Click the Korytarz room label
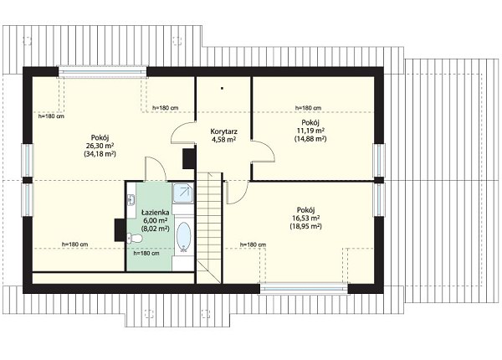[223, 131]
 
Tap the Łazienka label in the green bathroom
[155, 212]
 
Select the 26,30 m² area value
[100, 146]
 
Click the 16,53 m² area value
[305, 219]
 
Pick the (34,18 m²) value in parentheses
[100, 154]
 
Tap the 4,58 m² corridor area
[223, 139]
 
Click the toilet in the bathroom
[135, 239]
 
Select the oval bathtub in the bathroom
[184, 236]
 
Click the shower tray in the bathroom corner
[183, 193]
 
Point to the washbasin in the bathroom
[131, 200]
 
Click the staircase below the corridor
[209, 228]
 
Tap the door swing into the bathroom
[156, 169]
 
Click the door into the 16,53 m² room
[236, 193]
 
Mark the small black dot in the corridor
[222, 87]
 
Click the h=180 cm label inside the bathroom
[146, 254]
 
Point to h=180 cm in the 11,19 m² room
[308, 108]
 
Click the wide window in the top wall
[102, 72]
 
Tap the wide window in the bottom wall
[304, 288]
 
